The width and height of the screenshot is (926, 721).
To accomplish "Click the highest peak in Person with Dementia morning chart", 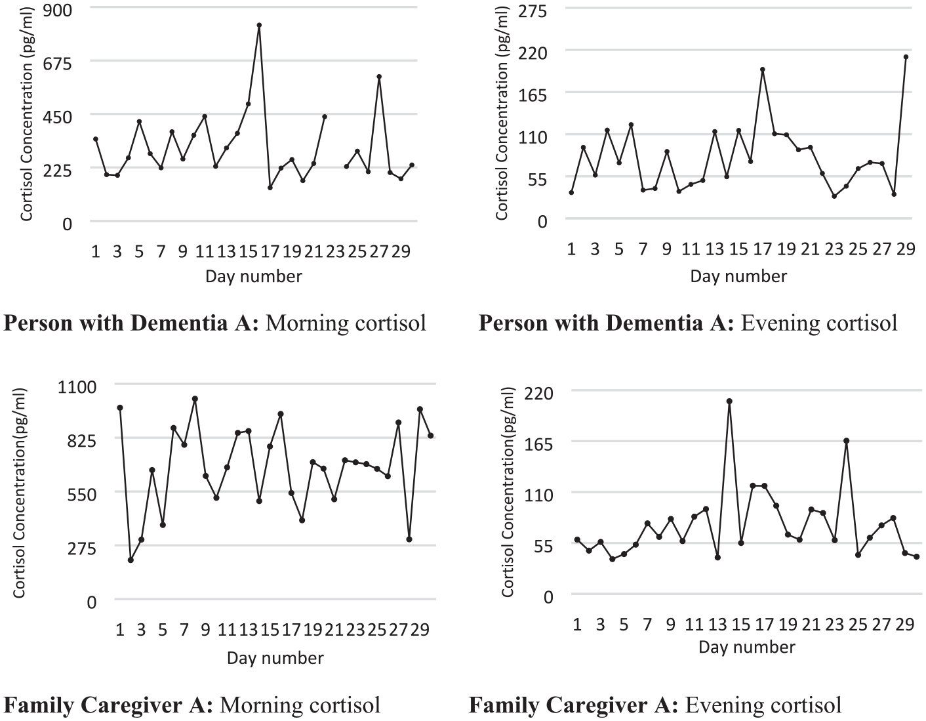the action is click(x=258, y=25).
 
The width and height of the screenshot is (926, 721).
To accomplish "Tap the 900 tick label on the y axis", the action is click(x=58, y=10).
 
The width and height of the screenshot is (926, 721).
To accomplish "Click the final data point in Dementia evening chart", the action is click(x=906, y=56).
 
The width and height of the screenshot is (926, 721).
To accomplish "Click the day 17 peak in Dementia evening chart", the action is click(x=763, y=70).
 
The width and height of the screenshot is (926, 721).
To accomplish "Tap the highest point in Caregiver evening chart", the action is click(x=729, y=401).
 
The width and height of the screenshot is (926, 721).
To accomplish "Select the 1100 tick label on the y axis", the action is click(x=77, y=387).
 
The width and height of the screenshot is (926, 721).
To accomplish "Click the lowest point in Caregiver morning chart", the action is click(x=131, y=560).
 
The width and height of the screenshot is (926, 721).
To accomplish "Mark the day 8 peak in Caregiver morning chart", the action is click(x=195, y=399).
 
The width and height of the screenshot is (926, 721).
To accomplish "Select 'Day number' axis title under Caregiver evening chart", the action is click(x=747, y=647).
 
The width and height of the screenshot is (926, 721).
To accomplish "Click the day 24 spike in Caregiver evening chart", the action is click(x=846, y=441).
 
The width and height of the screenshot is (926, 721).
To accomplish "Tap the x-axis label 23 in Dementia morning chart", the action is click(x=335, y=252).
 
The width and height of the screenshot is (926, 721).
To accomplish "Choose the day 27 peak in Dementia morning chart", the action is click(x=379, y=77).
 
